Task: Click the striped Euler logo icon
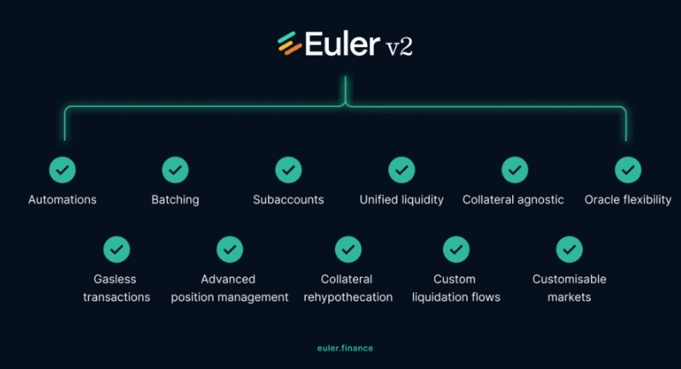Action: (290, 43)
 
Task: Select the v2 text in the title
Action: (398, 46)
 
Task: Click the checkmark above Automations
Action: (63, 170)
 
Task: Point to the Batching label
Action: (175, 199)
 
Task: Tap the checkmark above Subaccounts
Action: (289, 170)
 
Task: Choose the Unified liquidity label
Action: (402, 199)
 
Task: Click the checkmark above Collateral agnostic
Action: (514, 170)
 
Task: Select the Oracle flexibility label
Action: (628, 199)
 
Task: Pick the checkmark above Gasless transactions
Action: (116, 249)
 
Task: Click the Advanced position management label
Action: (230, 288)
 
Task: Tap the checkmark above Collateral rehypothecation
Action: (348, 249)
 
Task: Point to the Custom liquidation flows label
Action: (456, 288)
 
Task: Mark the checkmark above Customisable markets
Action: (569, 249)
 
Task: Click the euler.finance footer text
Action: (345, 348)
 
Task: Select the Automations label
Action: (63, 199)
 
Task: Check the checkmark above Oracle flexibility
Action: (628, 170)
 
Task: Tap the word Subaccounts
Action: (289, 199)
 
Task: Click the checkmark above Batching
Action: (175, 170)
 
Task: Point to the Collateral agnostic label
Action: (513, 199)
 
